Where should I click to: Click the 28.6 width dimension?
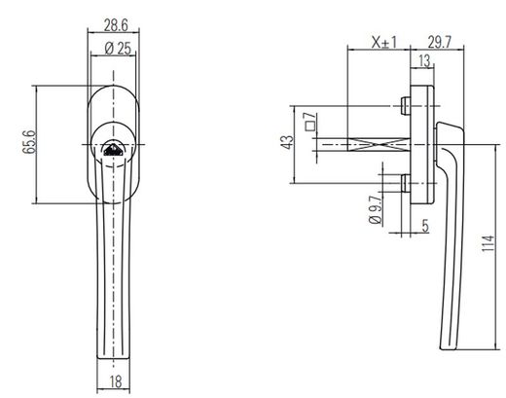pos(116,25)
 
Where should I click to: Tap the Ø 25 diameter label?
pos(118,49)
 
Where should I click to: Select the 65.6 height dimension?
pos(29,142)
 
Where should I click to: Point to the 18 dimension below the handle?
pos(116,381)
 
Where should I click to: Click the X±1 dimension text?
pos(384,42)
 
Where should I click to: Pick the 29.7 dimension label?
pos(440,42)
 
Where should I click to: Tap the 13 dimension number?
pos(424,60)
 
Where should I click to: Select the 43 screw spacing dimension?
pos(288,142)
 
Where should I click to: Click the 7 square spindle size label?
pos(310,116)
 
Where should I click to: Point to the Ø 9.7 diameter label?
pos(376,210)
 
